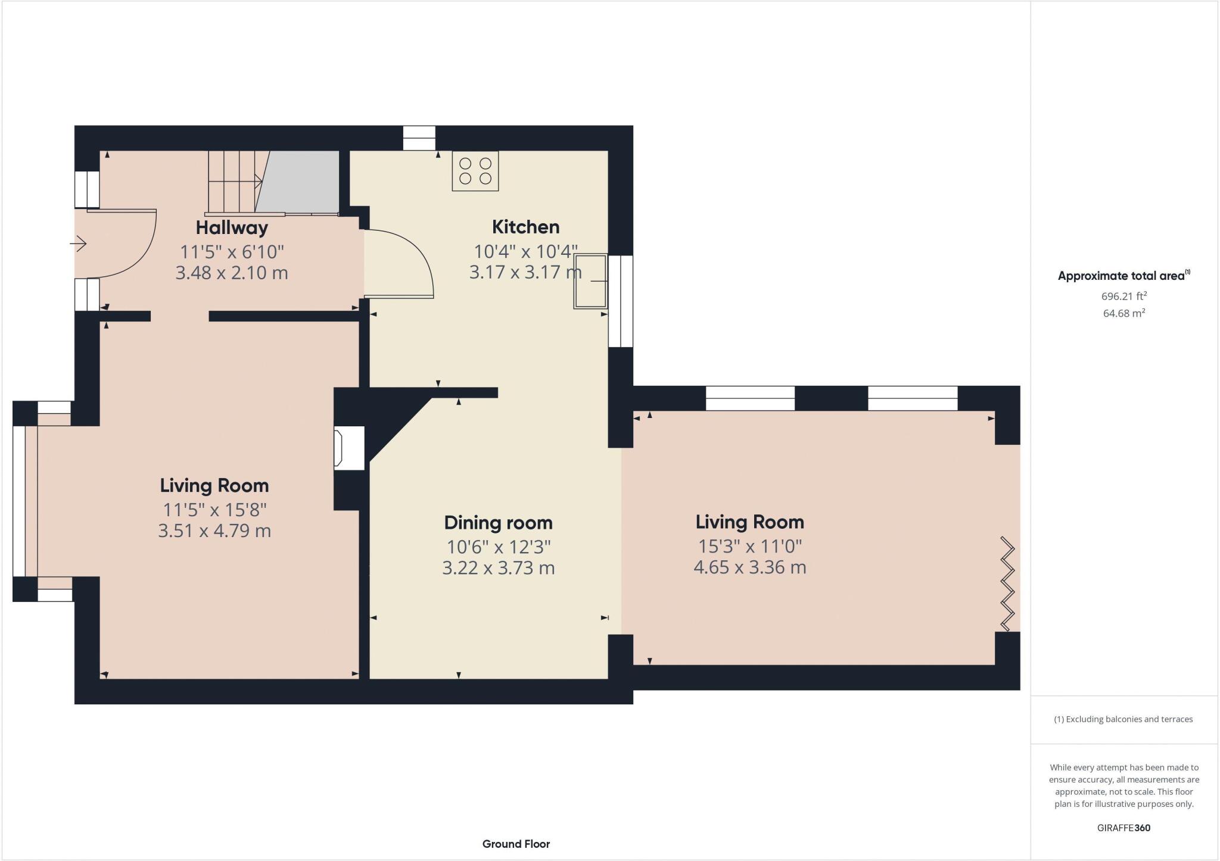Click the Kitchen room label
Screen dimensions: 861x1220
525,227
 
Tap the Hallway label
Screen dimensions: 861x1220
232,227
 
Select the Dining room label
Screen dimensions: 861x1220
498,523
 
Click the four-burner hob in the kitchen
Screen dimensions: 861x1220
475,171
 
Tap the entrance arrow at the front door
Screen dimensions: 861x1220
79,244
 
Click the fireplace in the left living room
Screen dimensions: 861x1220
348,448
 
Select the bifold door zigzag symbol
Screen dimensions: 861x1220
1007,584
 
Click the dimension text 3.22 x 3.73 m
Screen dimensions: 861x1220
498,568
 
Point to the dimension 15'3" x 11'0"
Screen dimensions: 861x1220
749,546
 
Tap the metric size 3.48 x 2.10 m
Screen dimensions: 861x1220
232,273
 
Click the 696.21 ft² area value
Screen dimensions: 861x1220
1123,296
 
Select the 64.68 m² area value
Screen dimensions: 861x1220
1123,313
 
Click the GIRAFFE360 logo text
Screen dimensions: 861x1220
1123,828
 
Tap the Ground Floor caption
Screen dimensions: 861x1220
516,844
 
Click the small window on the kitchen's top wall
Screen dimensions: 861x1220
419,138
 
